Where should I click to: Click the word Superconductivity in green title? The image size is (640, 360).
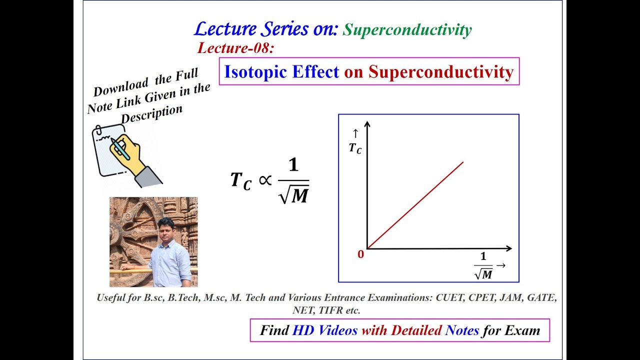pos(407,30)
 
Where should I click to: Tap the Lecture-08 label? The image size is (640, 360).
pos(236,48)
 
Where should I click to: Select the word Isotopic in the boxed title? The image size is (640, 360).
pos(256,72)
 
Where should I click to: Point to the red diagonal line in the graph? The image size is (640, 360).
pos(415,205)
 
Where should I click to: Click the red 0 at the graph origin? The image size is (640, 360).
pos(360,254)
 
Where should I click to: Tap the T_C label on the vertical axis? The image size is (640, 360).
pos(355,148)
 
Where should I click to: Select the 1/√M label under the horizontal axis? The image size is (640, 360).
pos(483,266)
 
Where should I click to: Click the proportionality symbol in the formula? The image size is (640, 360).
pos(264,180)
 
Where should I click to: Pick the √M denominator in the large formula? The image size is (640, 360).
pos(293,195)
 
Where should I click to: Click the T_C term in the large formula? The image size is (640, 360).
pos(240,180)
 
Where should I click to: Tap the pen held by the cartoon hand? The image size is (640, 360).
pos(120,148)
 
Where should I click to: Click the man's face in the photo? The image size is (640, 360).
pos(165,229)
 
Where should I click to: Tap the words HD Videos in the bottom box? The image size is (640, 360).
pos(325,330)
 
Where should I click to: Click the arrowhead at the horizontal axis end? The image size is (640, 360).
pos(508,248)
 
